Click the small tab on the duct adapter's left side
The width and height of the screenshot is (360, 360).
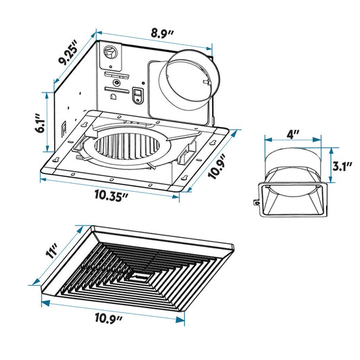point(256,201)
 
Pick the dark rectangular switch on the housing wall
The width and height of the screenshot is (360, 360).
point(138,95)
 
